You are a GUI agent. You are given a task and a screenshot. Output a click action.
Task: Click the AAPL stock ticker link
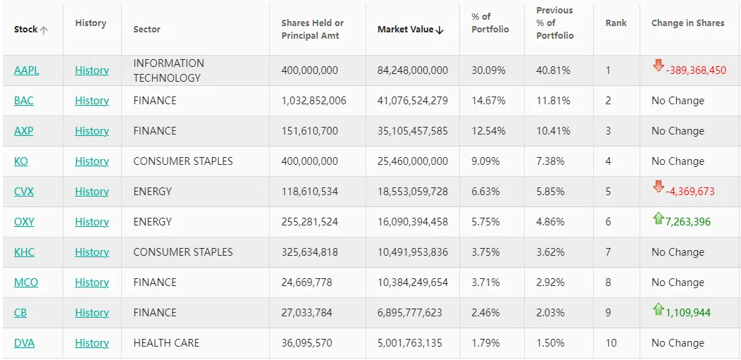pyautogui.click(x=27, y=70)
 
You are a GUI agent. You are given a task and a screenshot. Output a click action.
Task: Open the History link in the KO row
pyautogui.click(x=92, y=161)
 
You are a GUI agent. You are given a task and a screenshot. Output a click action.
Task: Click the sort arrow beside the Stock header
pyautogui.click(x=44, y=30)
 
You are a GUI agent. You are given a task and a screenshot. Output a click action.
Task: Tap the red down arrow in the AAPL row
pyautogui.click(x=659, y=66)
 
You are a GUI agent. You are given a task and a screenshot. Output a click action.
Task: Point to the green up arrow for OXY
pyautogui.click(x=659, y=219)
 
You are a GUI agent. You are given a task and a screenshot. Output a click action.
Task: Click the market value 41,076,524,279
pyautogui.click(x=412, y=101)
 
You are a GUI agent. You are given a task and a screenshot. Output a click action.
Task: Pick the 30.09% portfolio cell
pyautogui.click(x=485, y=70)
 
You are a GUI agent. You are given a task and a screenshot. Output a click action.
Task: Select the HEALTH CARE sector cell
pyautogui.click(x=166, y=343)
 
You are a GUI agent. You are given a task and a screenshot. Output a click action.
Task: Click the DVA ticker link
pyautogui.click(x=24, y=343)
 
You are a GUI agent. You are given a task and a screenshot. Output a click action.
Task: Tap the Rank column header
pyautogui.click(x=616, y=23)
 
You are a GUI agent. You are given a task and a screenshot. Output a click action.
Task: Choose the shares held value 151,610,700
pyautogui.click(x=309, y=131)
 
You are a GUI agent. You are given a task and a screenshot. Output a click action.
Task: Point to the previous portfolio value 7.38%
pyautogui.click(x=550, y=161)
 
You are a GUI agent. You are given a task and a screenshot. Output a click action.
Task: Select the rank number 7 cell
pyautogui.click(x=608, y=252)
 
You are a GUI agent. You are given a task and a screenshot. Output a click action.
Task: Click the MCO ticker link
pyautogui.click(x=26, y=283)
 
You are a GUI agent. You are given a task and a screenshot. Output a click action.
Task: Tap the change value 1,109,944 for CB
pyautogui.click(x=687, y=313)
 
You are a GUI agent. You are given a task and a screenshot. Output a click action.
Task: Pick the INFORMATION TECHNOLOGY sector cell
pyautogui.click(x=168, y=70)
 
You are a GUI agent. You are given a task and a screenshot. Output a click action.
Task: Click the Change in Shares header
pyautogui.click(x=687, y=23)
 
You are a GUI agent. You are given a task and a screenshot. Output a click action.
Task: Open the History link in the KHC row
pyautogui.click(x=92, y=252)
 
